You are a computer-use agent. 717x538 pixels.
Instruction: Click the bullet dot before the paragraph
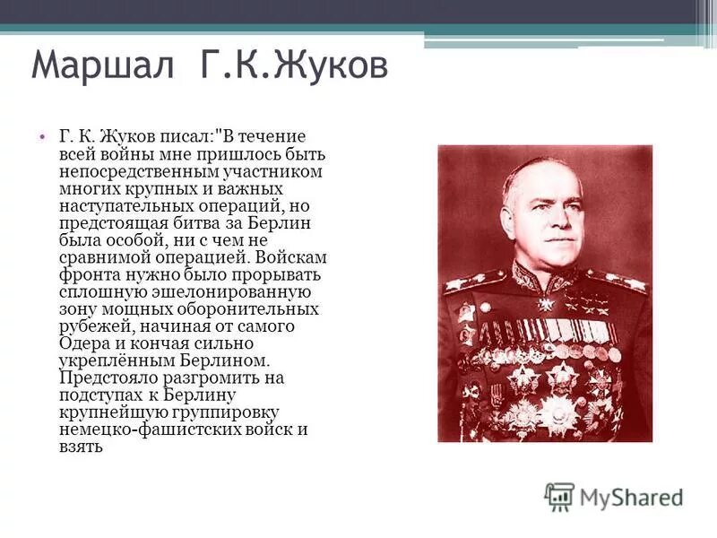click(41, 137)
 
